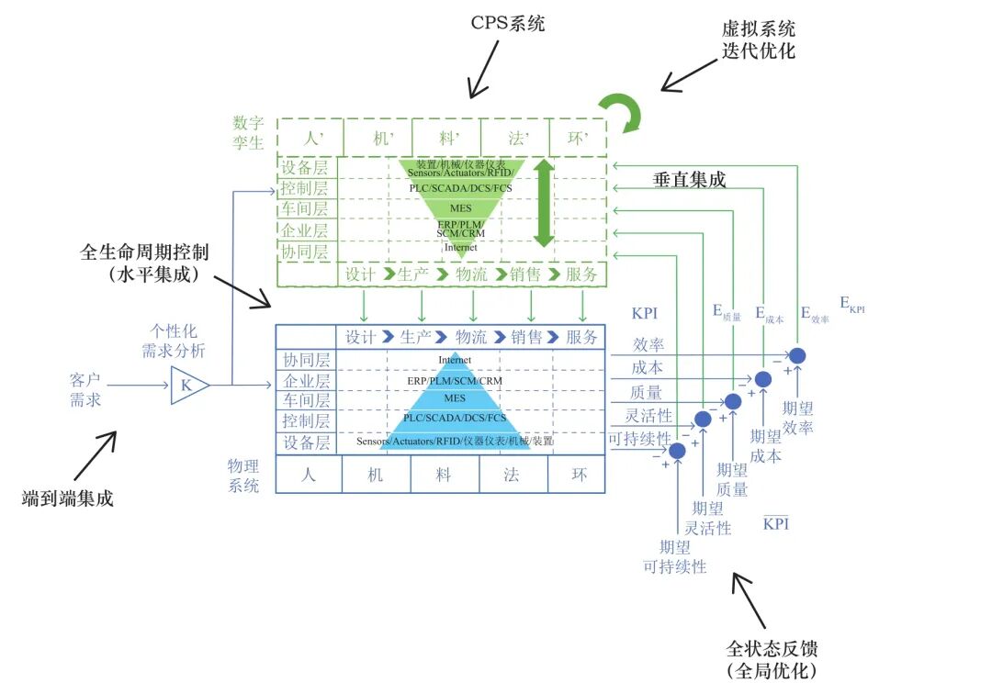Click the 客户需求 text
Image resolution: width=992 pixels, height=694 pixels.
pos(85,389)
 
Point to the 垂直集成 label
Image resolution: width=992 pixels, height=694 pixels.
pos(689,180)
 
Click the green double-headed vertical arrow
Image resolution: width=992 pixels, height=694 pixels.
pos(544,203)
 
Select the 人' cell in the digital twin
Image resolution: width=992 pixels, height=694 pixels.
pos(310,139)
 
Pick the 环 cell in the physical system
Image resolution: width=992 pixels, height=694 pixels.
pos(579,475)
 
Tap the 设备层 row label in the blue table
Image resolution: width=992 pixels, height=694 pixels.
pos(306,442)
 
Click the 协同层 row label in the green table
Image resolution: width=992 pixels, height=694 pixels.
pos(306,251)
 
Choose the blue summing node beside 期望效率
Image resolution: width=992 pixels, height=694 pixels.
pos(797,355)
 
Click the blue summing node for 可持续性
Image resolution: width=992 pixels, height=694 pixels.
pos(677,451)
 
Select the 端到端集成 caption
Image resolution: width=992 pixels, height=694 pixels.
pos(68,499)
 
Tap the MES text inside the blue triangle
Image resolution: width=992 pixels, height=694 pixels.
pos(455,399)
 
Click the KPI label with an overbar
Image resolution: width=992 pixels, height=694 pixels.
pos(776,524)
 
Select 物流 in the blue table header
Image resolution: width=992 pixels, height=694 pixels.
pos(472,337)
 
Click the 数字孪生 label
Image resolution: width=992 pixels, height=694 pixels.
pos(248,132)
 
